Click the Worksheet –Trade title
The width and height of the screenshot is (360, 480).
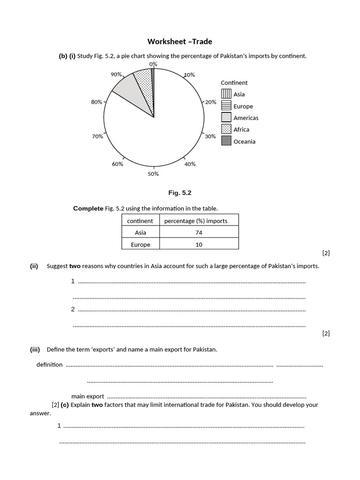point(180,42)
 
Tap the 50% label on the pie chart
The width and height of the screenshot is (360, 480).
point(153,174)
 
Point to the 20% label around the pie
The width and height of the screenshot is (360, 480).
point(210,102)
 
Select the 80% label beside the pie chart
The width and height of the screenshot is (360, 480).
point(97,102)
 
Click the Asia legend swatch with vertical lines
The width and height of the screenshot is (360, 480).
point(226,94)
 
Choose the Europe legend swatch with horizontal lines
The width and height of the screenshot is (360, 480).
point(226,106)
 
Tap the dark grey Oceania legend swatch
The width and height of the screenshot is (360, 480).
point(226,141)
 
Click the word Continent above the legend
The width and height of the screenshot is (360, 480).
point(234,82)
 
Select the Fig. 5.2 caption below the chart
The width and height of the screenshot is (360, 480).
point(180,193)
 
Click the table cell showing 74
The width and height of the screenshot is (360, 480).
point(199,232)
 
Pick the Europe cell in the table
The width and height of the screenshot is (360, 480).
point(141,244)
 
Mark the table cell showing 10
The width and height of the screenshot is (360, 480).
point(199,244)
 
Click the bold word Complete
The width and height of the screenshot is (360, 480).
point(88,209)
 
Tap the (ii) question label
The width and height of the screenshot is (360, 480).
point(34,266)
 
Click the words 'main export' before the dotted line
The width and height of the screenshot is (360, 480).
point(88,396)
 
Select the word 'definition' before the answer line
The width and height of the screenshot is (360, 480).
point(49,364)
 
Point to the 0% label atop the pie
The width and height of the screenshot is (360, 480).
point(153,64)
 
